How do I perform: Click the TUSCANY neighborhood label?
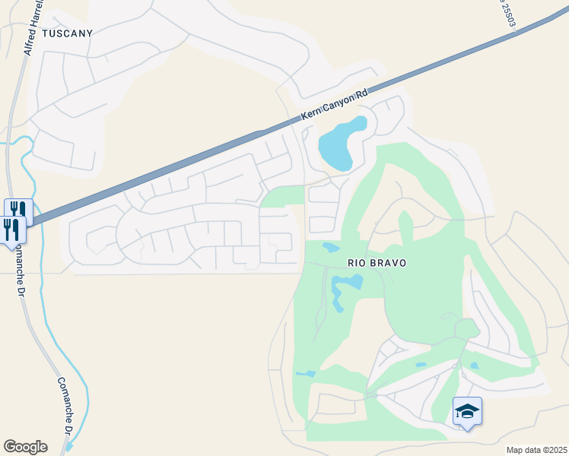[68, 33]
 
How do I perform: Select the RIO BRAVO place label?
[377, 263]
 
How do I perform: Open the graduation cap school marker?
[467, 411]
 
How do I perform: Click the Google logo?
[25, 447]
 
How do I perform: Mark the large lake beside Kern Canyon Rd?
[338, 144]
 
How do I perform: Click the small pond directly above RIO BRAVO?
[331, 247]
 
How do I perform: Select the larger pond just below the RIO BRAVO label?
[346, 284]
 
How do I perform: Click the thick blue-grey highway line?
[152, 176]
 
